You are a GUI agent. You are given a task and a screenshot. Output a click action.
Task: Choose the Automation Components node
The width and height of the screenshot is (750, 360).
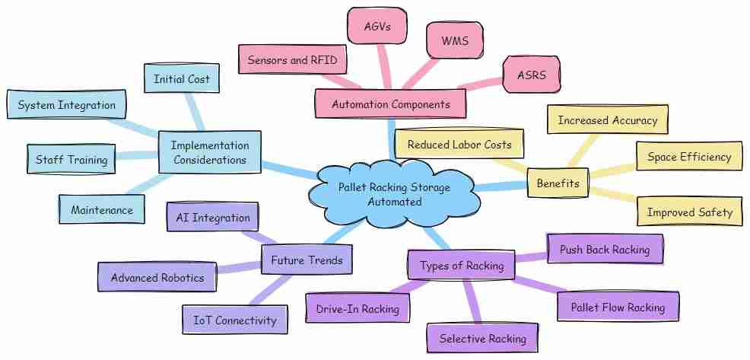(x=390, y=104)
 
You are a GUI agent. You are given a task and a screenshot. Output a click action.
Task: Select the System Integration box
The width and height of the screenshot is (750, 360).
(x=66, y=105)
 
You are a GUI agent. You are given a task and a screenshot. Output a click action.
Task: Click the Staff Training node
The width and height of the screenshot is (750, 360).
(x=72, y=160)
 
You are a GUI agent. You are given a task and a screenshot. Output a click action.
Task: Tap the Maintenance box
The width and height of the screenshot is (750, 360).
(x=101, y=209)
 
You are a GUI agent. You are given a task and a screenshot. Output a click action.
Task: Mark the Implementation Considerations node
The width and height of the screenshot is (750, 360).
(x=209, y=151)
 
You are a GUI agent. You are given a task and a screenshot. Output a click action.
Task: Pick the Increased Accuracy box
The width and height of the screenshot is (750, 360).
(x=607, y=120)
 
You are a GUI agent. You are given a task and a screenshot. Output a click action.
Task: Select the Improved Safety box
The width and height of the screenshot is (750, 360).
(x=689, y=212)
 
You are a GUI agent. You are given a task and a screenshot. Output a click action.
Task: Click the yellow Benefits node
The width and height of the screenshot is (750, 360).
(x=558, y=183)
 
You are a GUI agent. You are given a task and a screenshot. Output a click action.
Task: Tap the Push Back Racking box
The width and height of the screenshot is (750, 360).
(x=605, y=249)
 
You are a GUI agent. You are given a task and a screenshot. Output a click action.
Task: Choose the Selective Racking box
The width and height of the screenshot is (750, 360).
(x=482, y=339)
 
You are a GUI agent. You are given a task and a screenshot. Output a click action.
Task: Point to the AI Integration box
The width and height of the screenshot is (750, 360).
(x=213, y=218)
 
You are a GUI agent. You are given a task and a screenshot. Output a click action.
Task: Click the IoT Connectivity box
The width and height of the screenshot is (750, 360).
(x=235, y=320)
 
